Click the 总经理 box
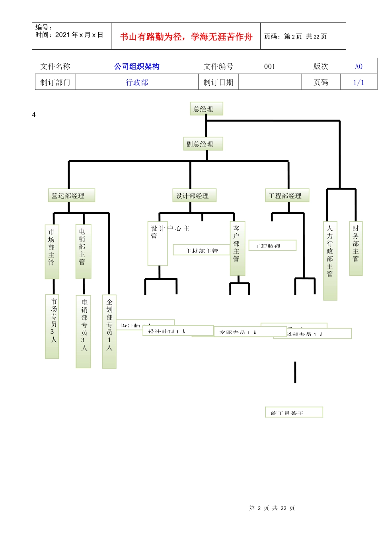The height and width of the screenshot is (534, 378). [x=206, y=109]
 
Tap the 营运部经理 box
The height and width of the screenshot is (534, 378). [x=71, y=195]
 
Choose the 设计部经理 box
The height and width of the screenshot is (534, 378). [x=194, y=195]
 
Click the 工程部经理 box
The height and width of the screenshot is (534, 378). [x=287, y=195]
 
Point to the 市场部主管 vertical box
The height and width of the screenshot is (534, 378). [x=52, y=251]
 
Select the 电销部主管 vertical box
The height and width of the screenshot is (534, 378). [x=83, y=251]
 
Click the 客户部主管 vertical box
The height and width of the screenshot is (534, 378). [x=237, y=248]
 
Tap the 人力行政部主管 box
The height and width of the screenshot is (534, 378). [x=330, y=260]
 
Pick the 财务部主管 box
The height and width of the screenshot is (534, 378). [x=356, y=248]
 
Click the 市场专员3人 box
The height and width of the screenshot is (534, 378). [x=52, y=326]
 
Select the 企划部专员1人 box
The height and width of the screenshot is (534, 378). [x=109, y=331]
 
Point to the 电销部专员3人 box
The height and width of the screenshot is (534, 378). [x=84, y=331]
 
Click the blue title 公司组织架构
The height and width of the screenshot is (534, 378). [x=137, y=66]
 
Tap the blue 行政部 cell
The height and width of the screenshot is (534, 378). [x=137, y=82]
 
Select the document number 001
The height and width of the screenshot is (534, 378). [x=270, y=66]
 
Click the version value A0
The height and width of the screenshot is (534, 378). [x=359, y=66]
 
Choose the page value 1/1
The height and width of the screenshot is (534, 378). [x=359, y=82]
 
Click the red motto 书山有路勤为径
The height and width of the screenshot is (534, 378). [x=186, y=37]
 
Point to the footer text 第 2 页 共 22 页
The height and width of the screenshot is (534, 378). [x=272, y=508]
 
